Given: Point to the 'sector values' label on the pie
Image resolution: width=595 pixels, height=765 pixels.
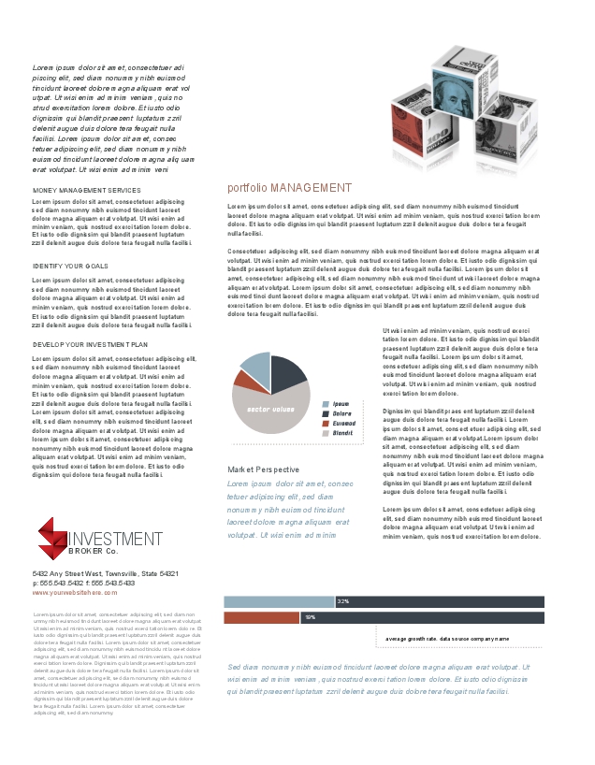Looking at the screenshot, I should coord(270,410).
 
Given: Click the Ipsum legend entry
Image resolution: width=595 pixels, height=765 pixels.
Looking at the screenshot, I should coord(341,403).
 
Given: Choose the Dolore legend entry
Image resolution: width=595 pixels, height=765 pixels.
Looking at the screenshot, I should coord(341,413).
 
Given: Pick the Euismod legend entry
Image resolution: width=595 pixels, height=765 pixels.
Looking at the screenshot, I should coord(343,424).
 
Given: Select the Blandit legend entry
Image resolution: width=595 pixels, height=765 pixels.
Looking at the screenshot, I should coord(342,433).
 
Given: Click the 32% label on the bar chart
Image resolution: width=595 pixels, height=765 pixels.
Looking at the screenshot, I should coord(342,601).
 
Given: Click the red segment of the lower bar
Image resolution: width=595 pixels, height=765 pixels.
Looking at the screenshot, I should coord(262,617).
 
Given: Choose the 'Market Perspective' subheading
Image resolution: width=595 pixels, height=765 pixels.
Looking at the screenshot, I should coord(264,469).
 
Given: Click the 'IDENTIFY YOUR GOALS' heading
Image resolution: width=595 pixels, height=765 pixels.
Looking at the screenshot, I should coord(71,267).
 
